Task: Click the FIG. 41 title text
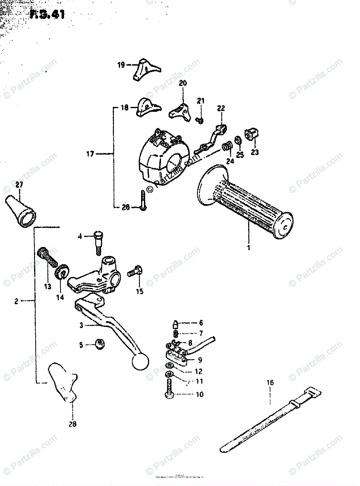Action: [x=47, y=15]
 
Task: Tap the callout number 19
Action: [x=120, y=65]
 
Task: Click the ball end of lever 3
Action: [x=140, y=360]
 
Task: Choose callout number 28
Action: [x=73, y=424]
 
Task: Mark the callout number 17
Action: [x=90, y=154]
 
